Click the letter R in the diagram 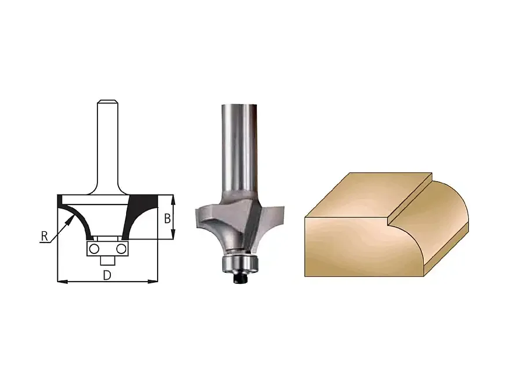point(44,236)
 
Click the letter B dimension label point(168,218)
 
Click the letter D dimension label point(107,276)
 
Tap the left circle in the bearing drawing point(94,249)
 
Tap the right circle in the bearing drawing point(121,249)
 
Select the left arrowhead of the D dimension point(62,282)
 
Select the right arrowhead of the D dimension point(152,282)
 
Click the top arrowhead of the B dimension point(173,200)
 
